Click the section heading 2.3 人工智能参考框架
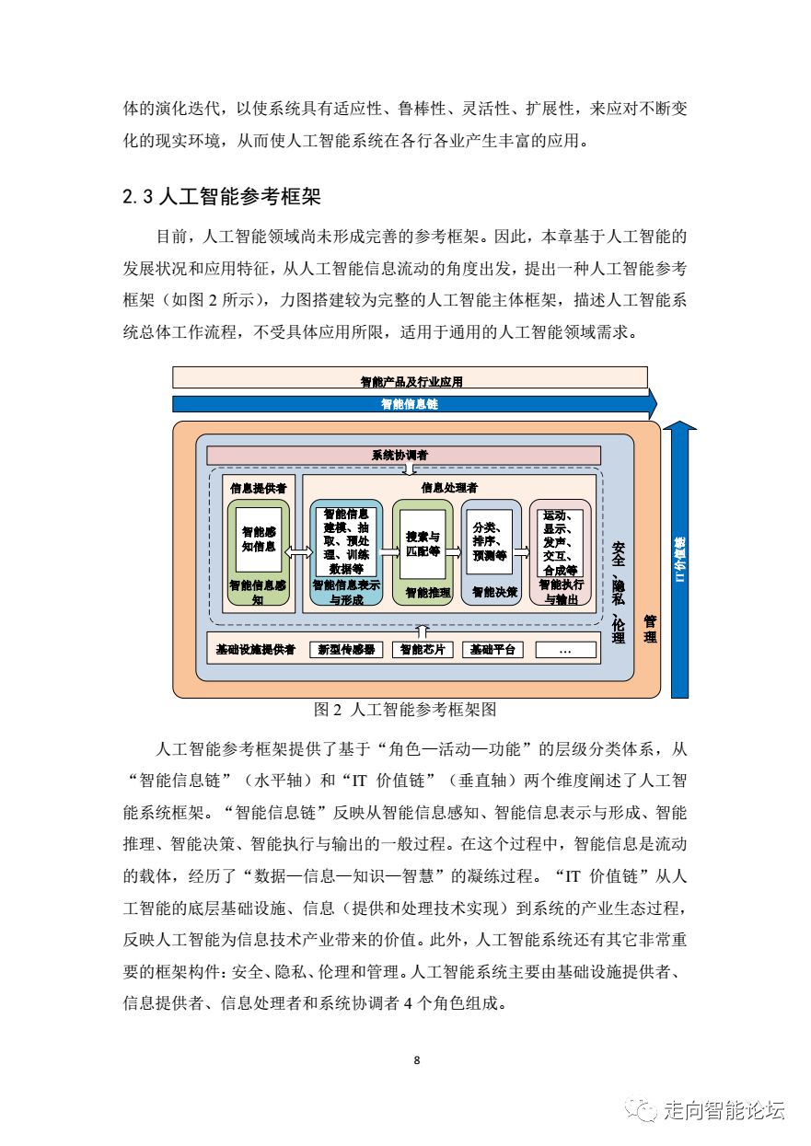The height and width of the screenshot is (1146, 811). point(220,197)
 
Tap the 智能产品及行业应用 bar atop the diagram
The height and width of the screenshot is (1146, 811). point(411,379)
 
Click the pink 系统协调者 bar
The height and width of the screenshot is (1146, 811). point(403,455)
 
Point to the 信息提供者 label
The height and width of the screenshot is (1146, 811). point(257,487)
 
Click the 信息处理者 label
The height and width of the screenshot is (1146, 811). point(448,487)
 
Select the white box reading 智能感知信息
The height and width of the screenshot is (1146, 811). point(259,538)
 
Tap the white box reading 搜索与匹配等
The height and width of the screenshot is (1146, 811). point(423,543)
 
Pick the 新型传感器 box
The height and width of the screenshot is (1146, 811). point(346,649)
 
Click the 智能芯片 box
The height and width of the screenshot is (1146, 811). point(423,649)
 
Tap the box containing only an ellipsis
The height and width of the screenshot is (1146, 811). point(565,649)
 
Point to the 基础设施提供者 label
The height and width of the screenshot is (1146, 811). point(255,649)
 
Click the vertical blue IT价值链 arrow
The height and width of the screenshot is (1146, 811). point(680,561)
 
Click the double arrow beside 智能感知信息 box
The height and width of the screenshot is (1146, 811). point(297,551)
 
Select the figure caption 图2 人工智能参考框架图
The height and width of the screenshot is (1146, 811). point(405,710)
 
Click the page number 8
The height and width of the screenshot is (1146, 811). point(417,1060)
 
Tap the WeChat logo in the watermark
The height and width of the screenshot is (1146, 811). point(642,1110)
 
